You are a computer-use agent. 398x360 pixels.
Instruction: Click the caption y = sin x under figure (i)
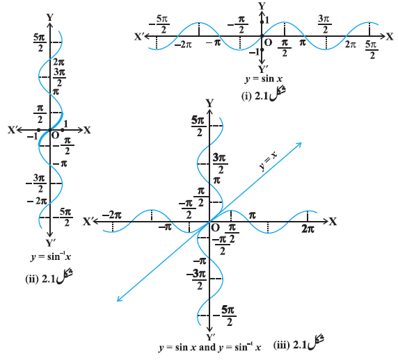tap(264, 79)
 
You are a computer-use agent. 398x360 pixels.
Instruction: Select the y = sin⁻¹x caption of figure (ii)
tap(51, 257)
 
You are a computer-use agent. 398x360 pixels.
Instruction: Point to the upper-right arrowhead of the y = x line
tap(298, 145)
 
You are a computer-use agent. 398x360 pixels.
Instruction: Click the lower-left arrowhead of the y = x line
tap(120, 299)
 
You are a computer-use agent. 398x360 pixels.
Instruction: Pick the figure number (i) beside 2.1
tap(246, 96)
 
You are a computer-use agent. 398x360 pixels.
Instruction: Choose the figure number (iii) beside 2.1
tap(282, 345)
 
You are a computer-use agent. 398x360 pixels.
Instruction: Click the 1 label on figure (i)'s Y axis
tap(266, 19)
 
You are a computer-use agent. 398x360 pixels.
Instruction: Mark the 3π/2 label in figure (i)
tap(325, 24)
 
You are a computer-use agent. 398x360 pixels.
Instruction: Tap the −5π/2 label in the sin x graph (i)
tap(159, 24)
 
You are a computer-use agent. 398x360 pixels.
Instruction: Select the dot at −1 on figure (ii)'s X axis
tap(38, 130)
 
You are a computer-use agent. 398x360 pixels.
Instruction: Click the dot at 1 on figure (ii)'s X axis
tap(63, 130)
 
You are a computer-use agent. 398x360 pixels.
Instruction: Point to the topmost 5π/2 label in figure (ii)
tap(40, 42)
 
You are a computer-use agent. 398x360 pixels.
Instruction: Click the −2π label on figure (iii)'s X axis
tap(112, 215)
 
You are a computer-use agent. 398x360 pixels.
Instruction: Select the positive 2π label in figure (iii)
tap(308, 229)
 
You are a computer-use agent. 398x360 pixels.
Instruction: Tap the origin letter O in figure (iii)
tap(215, 228)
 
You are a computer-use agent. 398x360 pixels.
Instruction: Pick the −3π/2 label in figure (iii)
tap(196, 280)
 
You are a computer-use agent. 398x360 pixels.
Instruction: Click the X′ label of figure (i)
tap(139, 37)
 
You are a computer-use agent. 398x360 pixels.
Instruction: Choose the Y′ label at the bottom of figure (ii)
tap(50, 243)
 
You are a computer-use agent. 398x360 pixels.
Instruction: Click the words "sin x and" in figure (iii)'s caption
tap(194, 347)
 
